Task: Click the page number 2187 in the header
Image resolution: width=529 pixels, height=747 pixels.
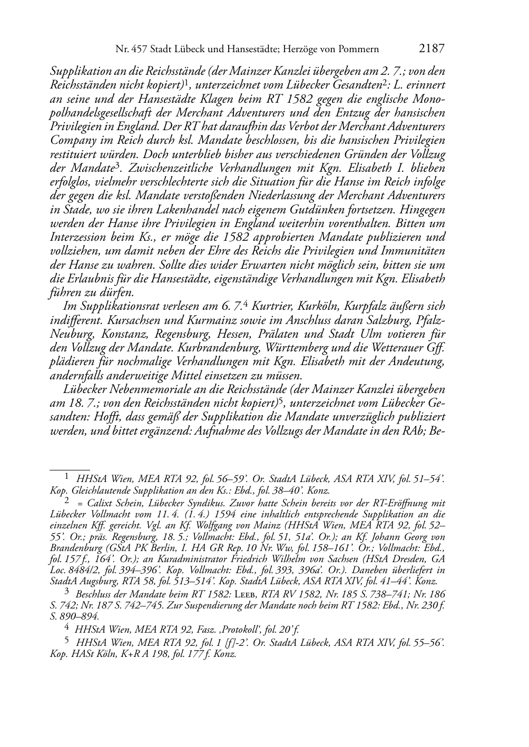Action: tap(432, 49)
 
